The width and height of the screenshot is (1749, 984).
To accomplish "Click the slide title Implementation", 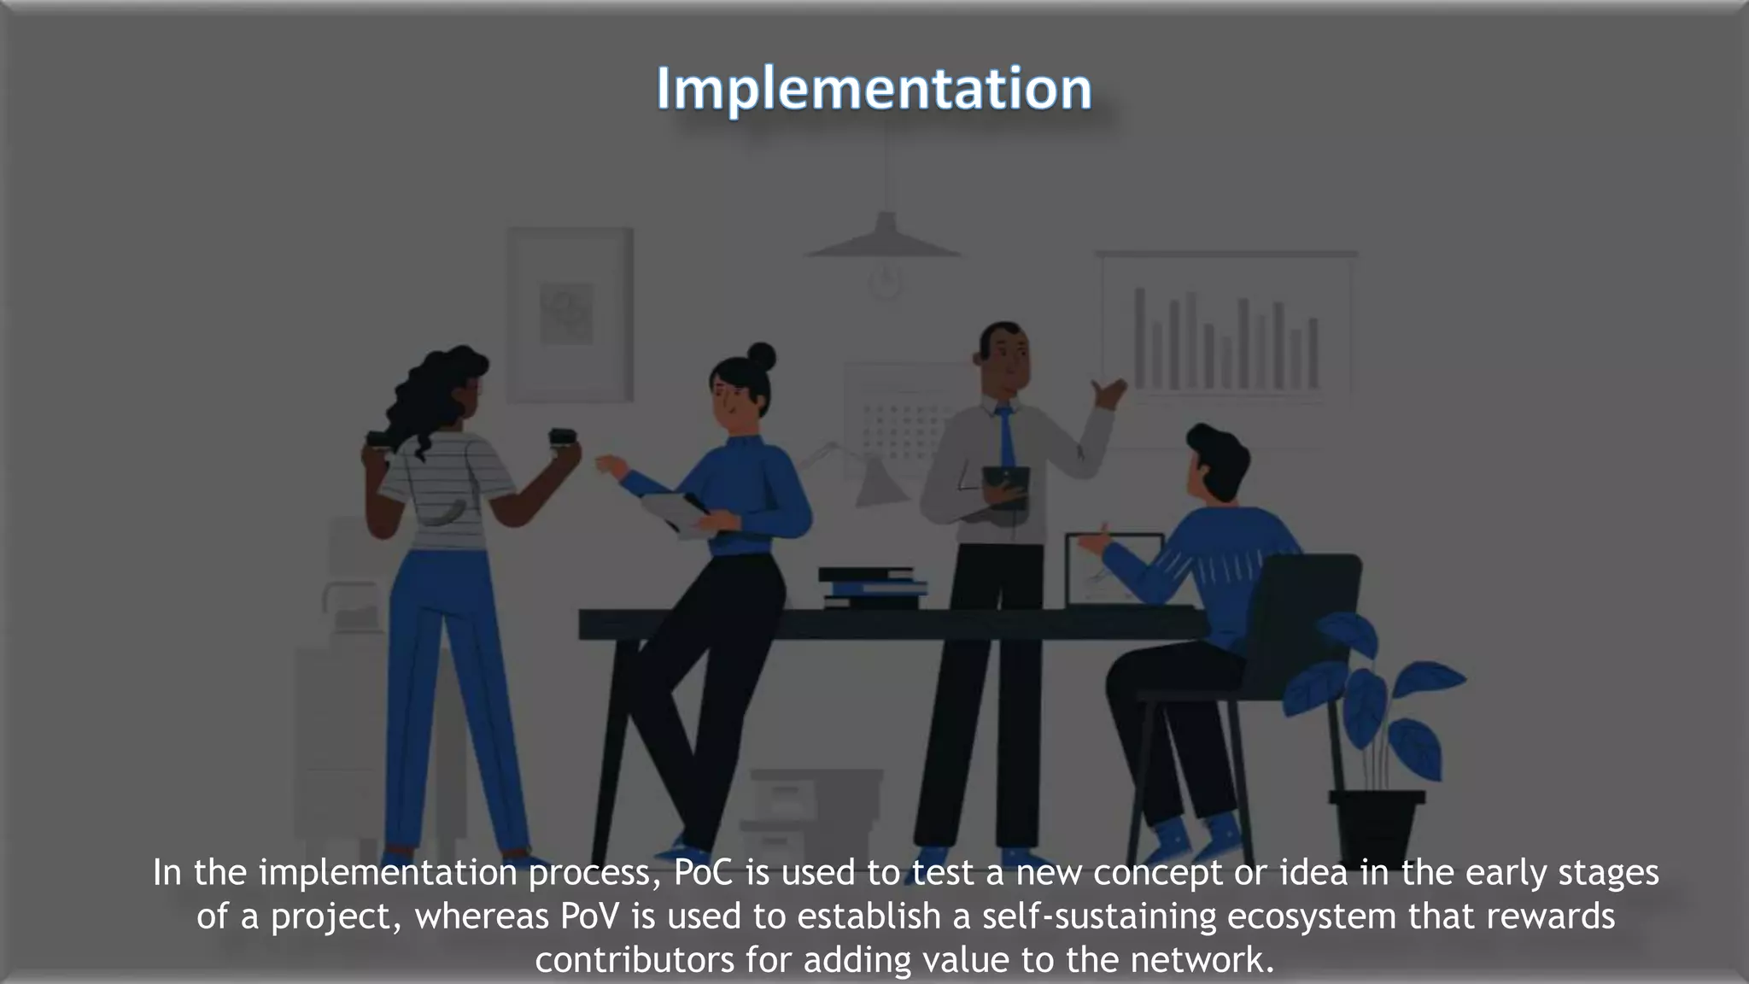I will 874,89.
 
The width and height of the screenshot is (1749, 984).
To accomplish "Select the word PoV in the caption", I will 589,917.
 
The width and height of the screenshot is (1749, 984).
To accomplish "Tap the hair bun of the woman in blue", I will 760,356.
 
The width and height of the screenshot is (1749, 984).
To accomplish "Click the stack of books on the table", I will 873,588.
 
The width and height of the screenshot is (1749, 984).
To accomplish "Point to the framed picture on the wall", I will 570,313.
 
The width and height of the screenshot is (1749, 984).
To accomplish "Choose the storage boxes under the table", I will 811,811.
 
